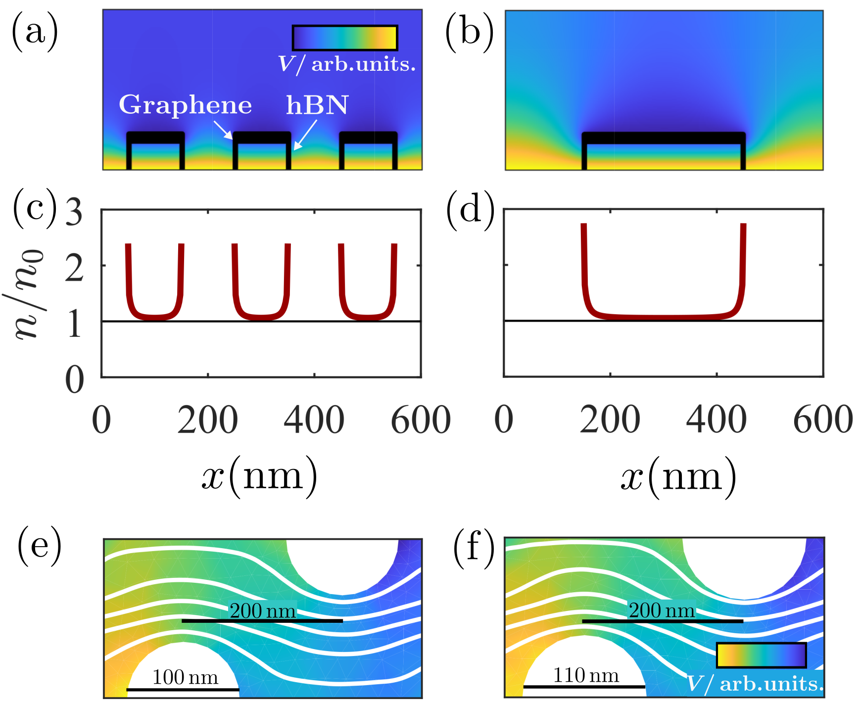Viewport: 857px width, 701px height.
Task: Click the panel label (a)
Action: pos(35,33)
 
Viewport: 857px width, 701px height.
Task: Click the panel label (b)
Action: pos(469,33)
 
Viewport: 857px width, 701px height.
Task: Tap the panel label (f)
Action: pos(474,548)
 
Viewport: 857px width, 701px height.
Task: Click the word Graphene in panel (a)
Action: pos(186,105)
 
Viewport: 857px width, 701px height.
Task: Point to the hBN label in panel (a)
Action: pos(317,105)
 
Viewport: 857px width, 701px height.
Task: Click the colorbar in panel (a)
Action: pos(345,38)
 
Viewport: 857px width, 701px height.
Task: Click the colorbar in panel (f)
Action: pos(761,655)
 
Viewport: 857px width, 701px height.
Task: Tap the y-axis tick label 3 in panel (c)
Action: pos(74,212)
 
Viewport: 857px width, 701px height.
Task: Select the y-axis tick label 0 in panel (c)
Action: pos(74,380)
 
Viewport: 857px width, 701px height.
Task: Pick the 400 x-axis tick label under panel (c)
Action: pos(314,420)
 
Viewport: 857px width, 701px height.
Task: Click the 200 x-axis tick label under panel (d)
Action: pos(610,420)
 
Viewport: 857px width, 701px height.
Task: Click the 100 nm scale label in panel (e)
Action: pos(185,677)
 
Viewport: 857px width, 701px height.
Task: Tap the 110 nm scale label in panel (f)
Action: pos(586,675)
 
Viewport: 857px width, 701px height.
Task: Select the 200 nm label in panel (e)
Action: pos(263,611)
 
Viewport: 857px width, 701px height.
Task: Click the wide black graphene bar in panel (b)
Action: pos(663,138)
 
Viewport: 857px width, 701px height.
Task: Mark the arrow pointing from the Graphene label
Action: pos(223,130)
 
